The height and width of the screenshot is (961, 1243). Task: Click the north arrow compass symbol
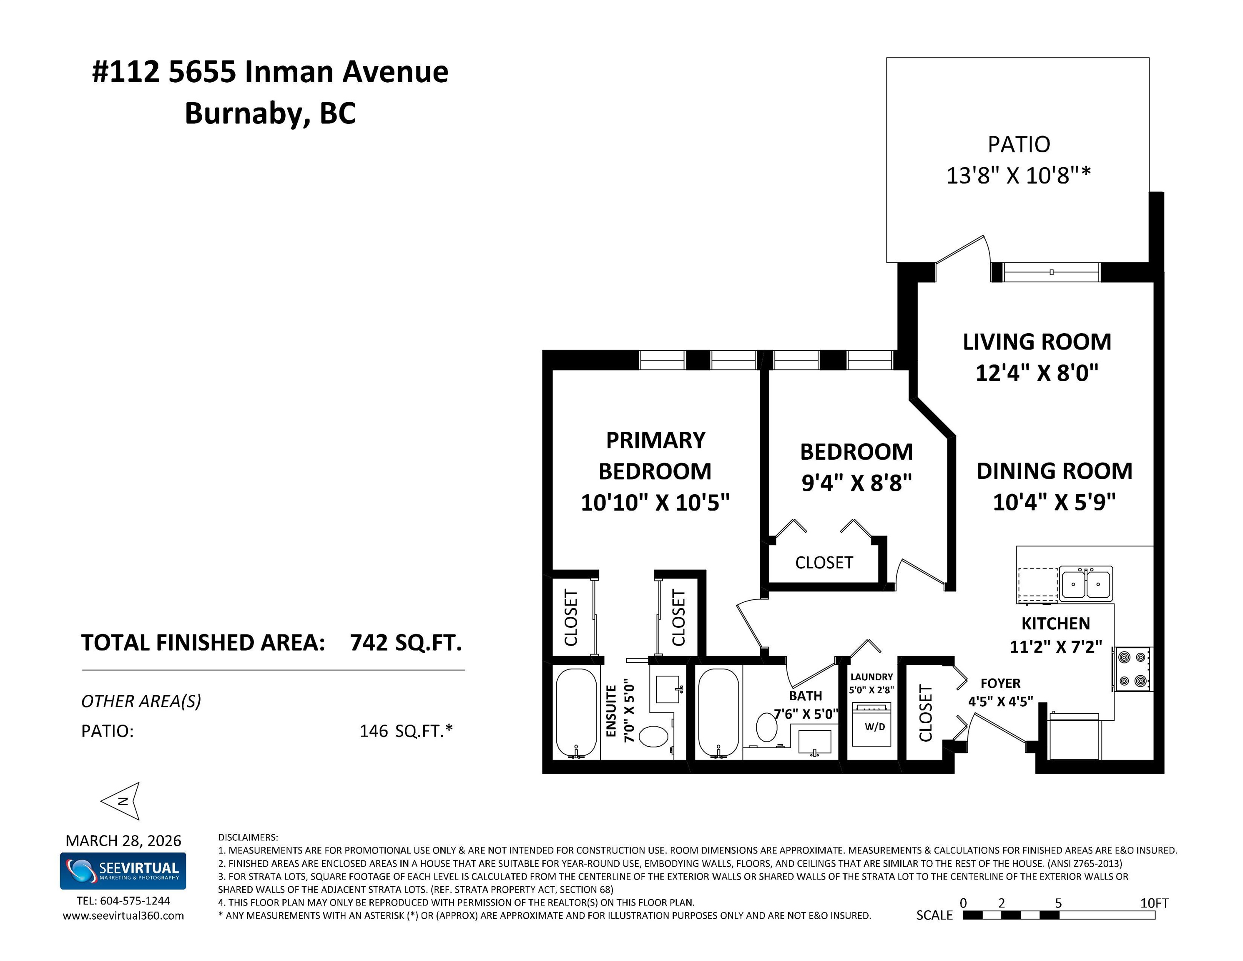click(x=121, y=800)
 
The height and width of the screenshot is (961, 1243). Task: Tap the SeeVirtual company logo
click(x=123, y=870)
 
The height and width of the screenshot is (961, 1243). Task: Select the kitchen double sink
click(x=1086, y=583)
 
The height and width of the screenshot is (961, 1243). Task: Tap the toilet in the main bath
click(x=767, y=727)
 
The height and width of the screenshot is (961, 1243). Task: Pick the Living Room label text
click(x=1037, y=342)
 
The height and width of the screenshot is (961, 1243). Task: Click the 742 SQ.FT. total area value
click(x=406, y=642)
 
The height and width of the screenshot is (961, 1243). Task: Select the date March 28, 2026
click(x=123, y=840)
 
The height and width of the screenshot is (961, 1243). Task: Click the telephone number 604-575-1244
click(x=135, y=901)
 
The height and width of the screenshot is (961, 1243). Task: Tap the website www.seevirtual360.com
click(x=123, y=916)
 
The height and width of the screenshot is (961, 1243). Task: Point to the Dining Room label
click(x=1055, y=471)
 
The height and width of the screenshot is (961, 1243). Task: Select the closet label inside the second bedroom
click(x=824, y=563)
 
